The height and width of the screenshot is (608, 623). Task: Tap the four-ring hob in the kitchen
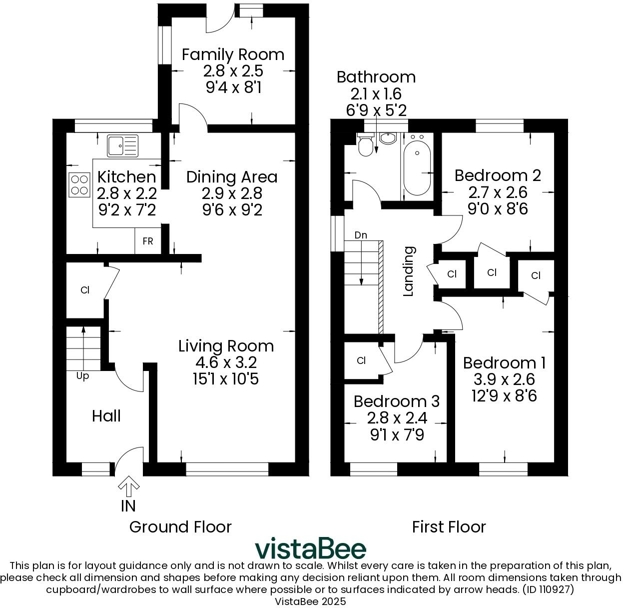(x=79, y=183)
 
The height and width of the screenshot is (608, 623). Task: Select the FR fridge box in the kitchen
(x=148, y=241)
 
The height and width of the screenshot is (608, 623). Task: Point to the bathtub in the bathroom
(x=417, y=167)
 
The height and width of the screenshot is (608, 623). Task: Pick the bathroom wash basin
(x=387, y=137)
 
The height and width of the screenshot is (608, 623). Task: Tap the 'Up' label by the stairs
(x=83, y=376)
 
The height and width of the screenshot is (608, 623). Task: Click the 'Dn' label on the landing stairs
(x=360, y=235)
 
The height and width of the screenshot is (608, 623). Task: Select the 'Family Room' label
(x=233, y=54)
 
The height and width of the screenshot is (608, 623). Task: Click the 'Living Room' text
(x=226, y=346)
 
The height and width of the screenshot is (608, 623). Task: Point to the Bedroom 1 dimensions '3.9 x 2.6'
(x=504, y=379)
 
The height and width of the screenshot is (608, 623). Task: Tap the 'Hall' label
(x=106, y=416)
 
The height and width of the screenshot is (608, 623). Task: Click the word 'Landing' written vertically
(x=409, y=271)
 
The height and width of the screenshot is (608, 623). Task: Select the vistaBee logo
(x=311, y=548)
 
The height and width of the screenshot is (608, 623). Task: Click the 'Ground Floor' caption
(x=180, y=527)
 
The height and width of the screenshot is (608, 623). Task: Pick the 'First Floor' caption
(x=449, y=527)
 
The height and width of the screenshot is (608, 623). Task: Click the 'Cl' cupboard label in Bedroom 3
(x=362, y=360)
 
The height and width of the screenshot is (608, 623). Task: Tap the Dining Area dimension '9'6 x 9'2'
(x=232, y=209)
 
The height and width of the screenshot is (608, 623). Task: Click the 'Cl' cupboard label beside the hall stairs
(x=85, y=290)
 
